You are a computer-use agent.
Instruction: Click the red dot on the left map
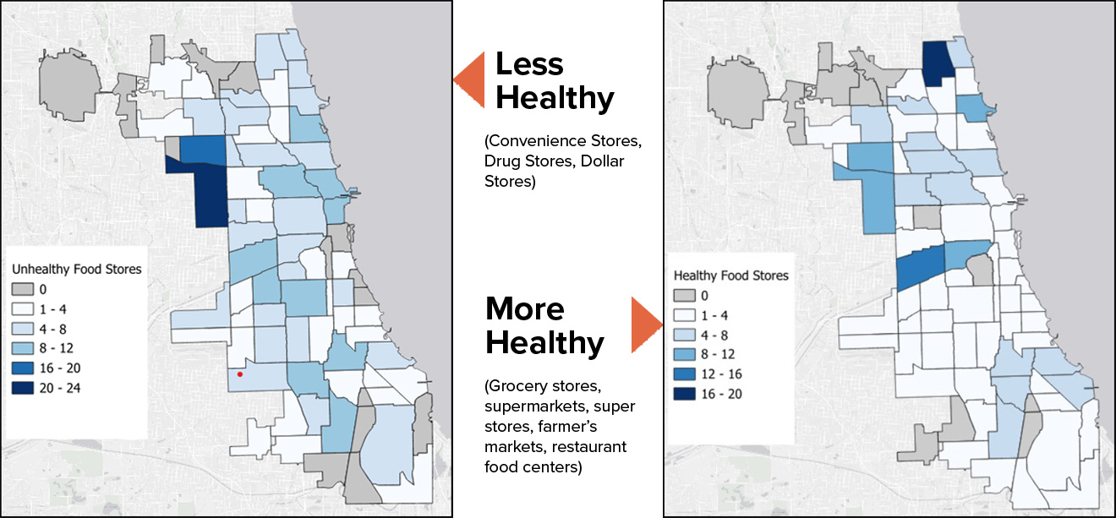pos(240,374)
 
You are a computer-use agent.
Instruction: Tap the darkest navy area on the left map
pos(209,194)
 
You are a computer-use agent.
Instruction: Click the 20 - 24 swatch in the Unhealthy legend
pos(22,388)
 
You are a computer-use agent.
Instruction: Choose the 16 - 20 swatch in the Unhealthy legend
pos(22,368)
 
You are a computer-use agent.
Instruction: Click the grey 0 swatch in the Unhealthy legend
pos(22,289)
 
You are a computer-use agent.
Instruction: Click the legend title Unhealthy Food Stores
pos(76,269)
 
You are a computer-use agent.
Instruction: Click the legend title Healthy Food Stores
pos(731,275)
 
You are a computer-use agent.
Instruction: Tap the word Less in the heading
pos(528,64)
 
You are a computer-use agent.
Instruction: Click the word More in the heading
pos(525,308)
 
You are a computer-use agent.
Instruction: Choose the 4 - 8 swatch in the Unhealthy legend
pos(22,329)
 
